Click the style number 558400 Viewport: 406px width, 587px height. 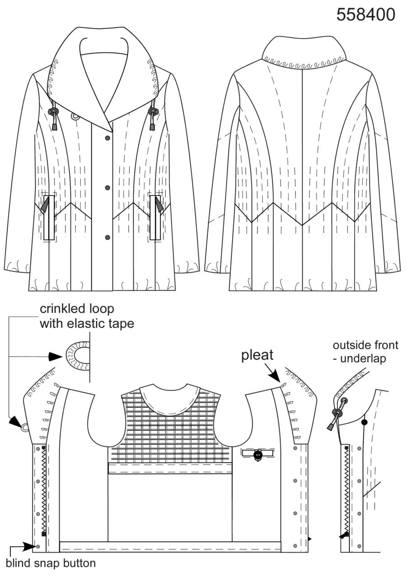point(366,14)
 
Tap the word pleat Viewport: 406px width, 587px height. point(257,356)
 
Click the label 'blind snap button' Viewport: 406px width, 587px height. point(51,563)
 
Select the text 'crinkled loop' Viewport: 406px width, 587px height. point(77,309)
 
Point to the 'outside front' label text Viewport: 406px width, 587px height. point(365,345)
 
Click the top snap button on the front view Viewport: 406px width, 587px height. point(107,138)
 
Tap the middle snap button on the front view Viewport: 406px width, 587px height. point(107,188)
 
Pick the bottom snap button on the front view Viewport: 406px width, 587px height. point(107,238)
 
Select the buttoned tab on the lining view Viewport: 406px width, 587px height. point(258,453)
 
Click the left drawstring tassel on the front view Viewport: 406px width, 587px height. point(55,127)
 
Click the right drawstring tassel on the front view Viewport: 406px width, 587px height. point(152,127)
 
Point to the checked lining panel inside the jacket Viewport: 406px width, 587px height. point(170,430)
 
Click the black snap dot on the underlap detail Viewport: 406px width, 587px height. point(364,422)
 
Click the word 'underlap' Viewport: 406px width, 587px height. point(363,359)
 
